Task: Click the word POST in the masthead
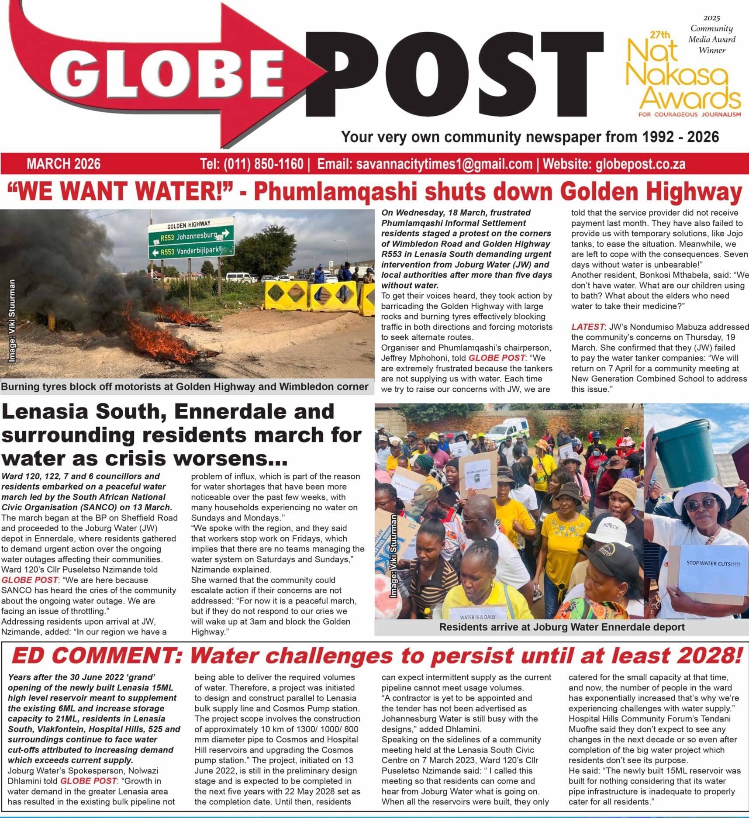[454, 74]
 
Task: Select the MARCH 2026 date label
[63, 164]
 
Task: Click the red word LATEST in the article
[588, 327]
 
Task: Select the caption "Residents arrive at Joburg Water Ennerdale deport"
[562, 627]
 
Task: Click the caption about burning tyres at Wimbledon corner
[185, 387]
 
